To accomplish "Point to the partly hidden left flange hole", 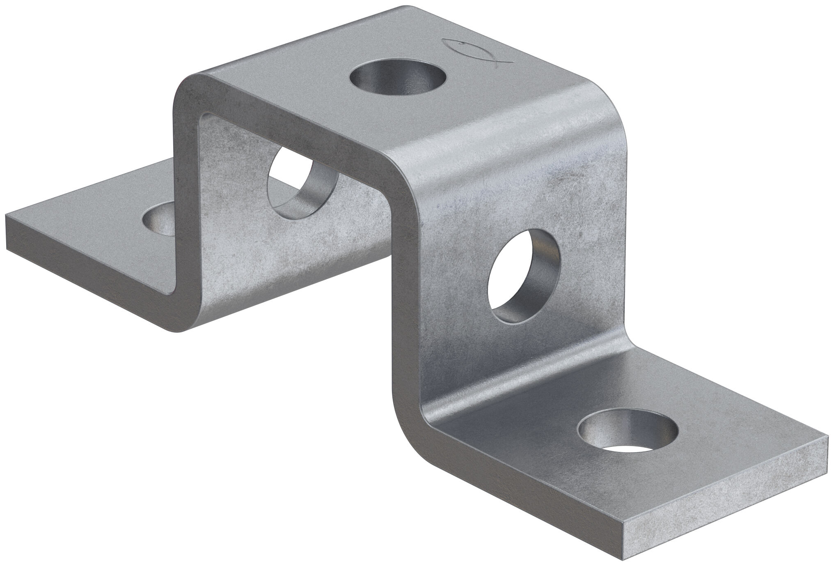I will click(x=158, y=222).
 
